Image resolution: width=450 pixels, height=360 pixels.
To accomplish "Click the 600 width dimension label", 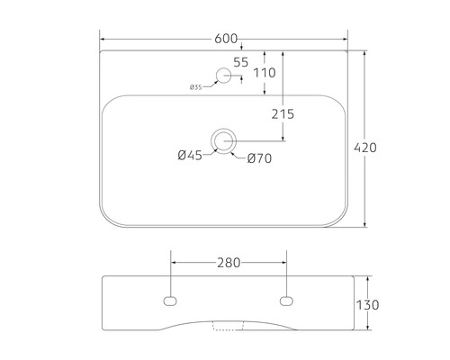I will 226,39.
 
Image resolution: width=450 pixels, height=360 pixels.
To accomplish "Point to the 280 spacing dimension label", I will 229,264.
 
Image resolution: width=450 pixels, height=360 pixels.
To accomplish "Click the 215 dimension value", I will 283,113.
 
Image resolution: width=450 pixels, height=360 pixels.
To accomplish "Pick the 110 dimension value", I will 264,73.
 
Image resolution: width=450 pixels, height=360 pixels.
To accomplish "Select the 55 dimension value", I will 240,62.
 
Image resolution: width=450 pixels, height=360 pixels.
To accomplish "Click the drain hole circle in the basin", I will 223,139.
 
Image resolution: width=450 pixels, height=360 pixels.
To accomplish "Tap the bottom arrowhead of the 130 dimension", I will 365,333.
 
